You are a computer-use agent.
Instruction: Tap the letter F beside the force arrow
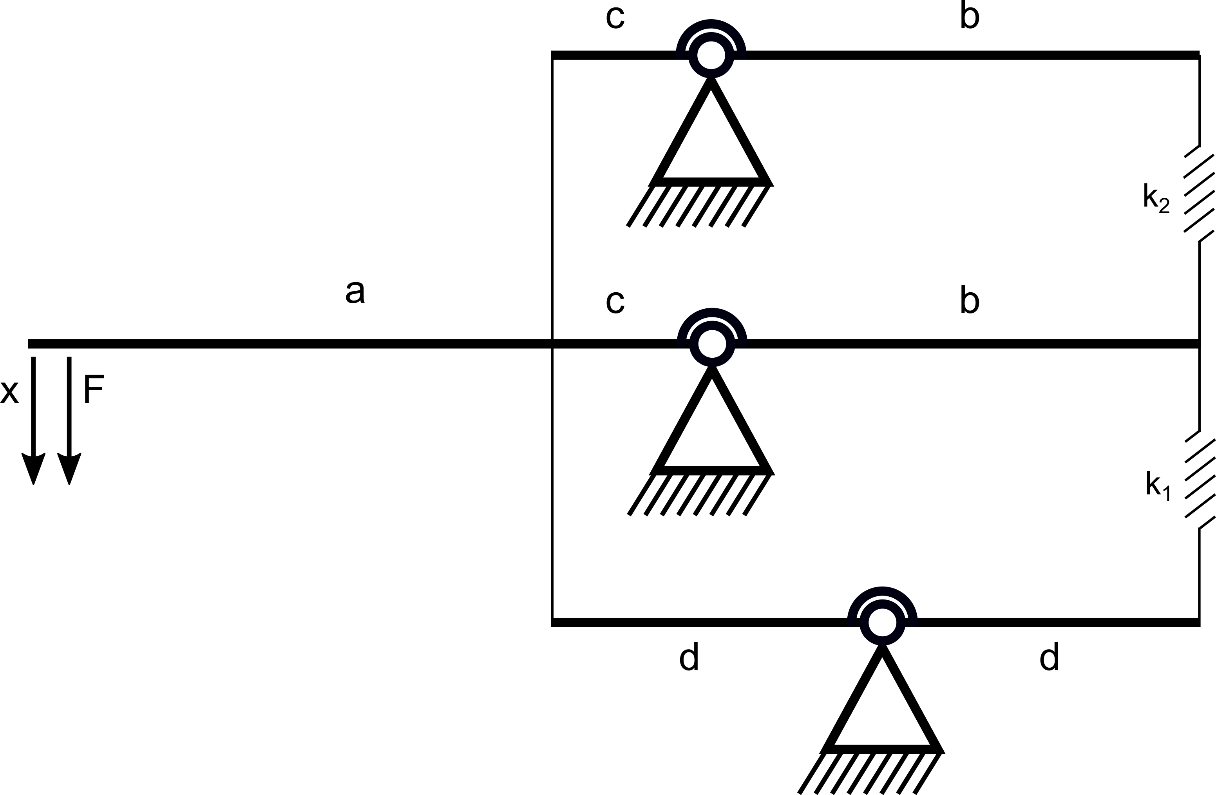coord(94,388)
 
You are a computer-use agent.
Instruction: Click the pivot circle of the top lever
coord(711,55)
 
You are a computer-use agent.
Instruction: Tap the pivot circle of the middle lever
coord(712,344)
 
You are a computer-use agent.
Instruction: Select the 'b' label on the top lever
coord(969,15)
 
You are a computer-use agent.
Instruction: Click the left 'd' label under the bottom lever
coord(689,656)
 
